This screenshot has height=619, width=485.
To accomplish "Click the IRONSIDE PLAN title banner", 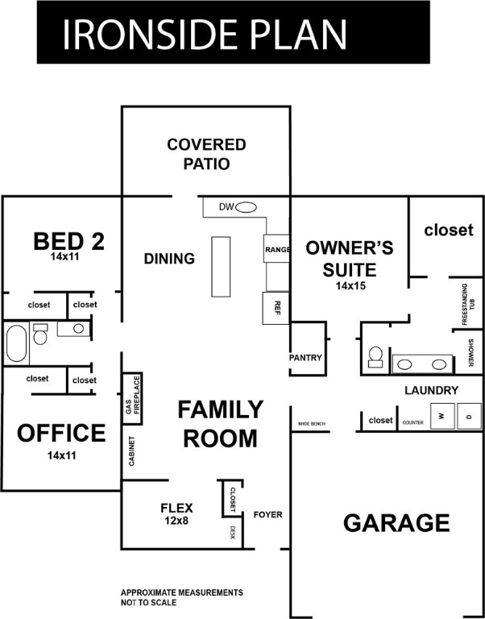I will click(x=205, y=33).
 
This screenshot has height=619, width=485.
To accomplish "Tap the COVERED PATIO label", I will click(x=206, y=154).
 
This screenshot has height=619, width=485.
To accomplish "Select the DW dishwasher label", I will click(x=226, y=207).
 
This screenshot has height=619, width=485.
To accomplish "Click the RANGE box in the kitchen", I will click(x=276, y=250).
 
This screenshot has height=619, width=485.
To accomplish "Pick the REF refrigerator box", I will click(x=276, y=307).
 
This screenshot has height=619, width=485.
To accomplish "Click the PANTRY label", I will click(x=305, y=357).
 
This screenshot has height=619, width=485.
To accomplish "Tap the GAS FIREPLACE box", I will click(x=132, y=395).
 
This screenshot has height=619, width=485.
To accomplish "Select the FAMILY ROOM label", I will click(x=220, y=424).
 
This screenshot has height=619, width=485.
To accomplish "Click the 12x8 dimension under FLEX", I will click(x=176, y=521).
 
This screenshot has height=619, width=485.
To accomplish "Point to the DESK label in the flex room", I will click(x=232, y=533).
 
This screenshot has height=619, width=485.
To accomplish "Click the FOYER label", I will click(x=267, y=514).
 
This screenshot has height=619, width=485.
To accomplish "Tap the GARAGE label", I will click(x=396, y=522).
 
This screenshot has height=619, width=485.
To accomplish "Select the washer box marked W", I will click(x=441, y=417).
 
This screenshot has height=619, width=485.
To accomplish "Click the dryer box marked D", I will click(x=469, y=417).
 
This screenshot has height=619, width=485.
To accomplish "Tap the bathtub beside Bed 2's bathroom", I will click(x=17, y=343).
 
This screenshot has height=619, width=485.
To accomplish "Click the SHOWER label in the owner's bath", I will click(x=470, y=352).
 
